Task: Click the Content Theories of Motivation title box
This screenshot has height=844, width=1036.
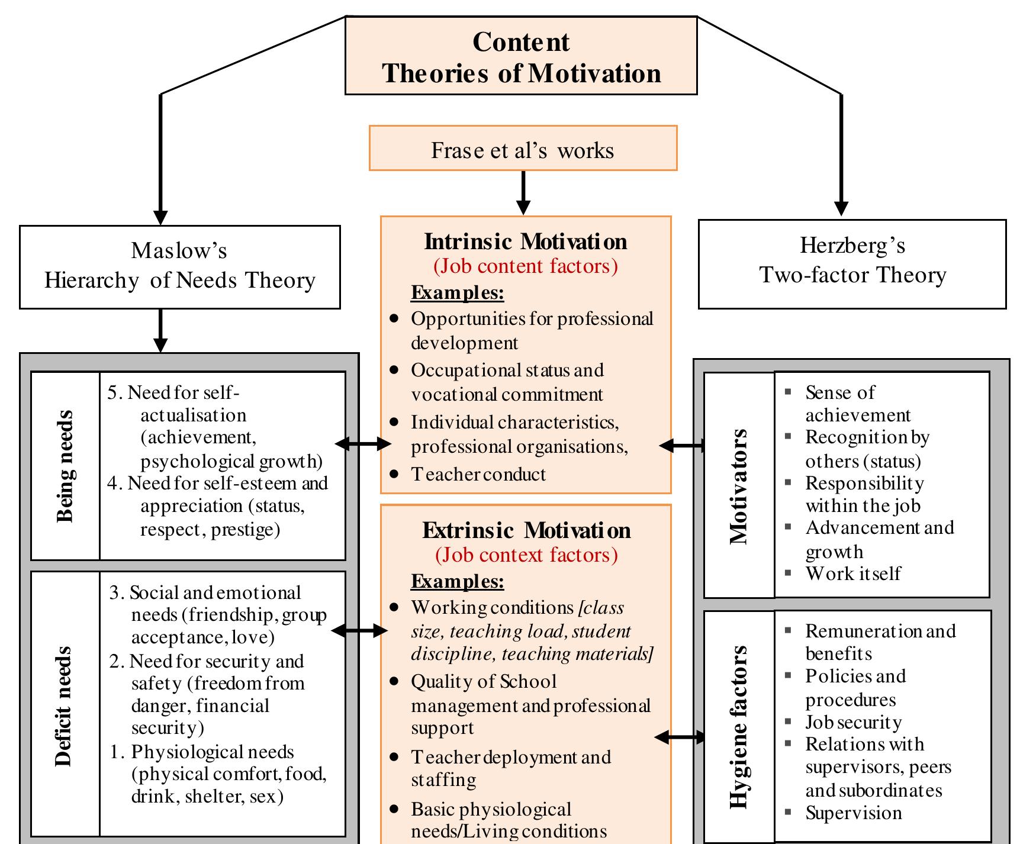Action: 521,56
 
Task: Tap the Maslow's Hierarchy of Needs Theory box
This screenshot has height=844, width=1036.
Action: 179,266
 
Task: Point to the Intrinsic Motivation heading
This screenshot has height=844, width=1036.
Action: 526,242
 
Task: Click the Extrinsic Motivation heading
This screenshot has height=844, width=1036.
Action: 526,531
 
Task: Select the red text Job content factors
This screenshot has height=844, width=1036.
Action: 526,266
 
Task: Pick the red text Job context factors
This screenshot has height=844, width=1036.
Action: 526,555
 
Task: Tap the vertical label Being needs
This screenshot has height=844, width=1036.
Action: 65,466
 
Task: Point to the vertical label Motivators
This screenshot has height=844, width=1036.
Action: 739,486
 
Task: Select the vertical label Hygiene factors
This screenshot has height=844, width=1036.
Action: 739,727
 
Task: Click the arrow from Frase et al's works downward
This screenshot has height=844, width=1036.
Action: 523,192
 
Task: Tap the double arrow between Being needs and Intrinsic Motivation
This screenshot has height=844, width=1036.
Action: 363,443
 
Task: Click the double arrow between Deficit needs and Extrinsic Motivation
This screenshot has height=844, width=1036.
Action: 360,632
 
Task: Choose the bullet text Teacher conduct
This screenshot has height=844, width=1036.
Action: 478,474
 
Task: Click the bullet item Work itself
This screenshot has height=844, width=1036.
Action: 852,574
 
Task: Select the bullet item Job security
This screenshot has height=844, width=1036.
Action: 853,722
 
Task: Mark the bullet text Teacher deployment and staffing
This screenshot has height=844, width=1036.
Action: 510,768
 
